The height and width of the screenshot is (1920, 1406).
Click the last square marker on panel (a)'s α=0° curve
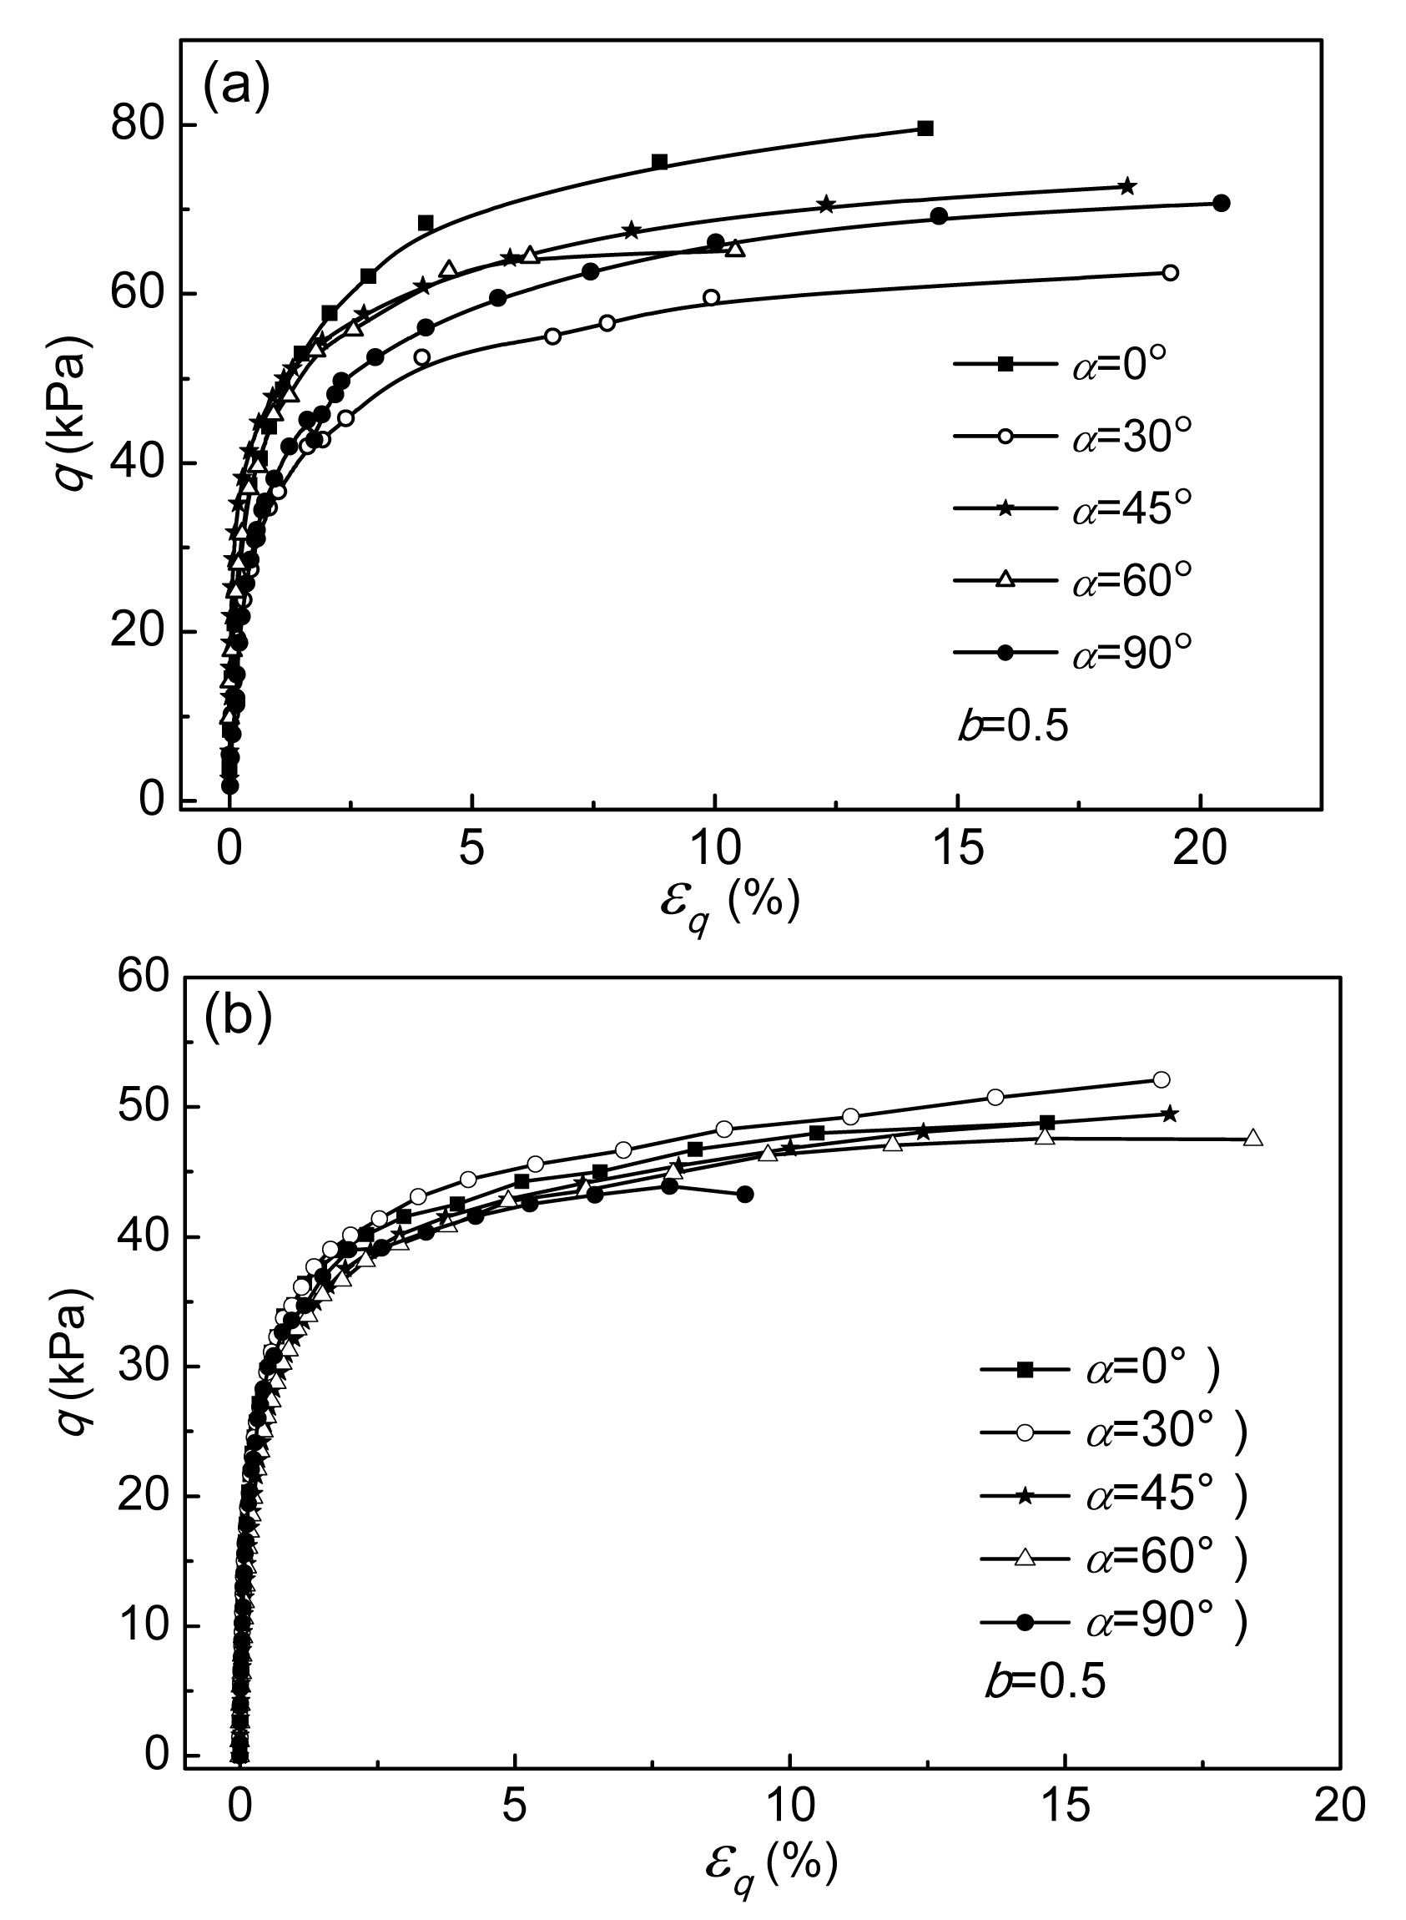[x=925, y=129]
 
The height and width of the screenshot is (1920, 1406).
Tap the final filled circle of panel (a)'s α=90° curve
[x=1222, y=203]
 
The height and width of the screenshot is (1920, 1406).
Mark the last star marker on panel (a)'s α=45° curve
[x=1127, y=186]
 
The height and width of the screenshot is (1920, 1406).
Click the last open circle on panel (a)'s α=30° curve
[x=1170, y=272]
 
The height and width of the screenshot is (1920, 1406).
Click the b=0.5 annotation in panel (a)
[x=1013, y=727]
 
